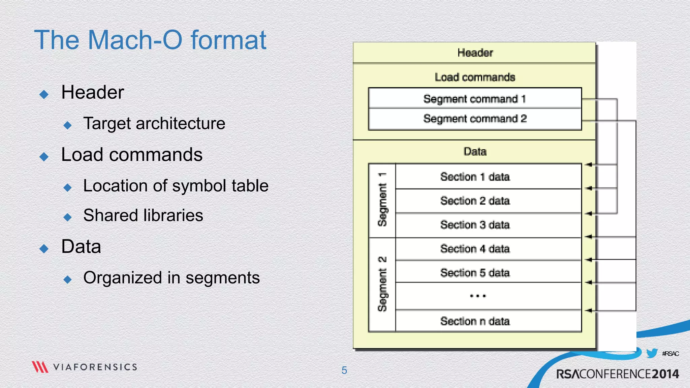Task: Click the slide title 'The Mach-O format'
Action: (x=150, y=40)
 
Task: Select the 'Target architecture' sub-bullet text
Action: (x=154, y=123)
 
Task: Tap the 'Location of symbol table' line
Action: (x=176, y=186)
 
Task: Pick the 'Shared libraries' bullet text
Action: (x=143, y=215)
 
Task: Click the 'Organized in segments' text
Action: (x=171, y=278)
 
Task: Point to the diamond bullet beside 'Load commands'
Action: (x=44, y=157)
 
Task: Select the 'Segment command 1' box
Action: (x=475, y=99)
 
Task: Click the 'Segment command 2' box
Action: (x=475, y=119)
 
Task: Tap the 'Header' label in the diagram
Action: (x=475, y=53)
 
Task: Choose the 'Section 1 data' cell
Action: (x=475, y=176)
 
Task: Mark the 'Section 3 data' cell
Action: (x=475, y=225)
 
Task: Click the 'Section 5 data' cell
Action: (x=475, y=272)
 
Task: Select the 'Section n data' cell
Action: (x=475, y=321)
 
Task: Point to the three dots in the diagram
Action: (x=478, y=296)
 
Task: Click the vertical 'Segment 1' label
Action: (x=382, y=200)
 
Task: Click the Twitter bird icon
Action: (x=652, y=353)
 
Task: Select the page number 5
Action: (x=344, y=370)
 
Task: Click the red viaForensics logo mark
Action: (x=40, y=367)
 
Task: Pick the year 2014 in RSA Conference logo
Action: (x=665, y=374)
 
